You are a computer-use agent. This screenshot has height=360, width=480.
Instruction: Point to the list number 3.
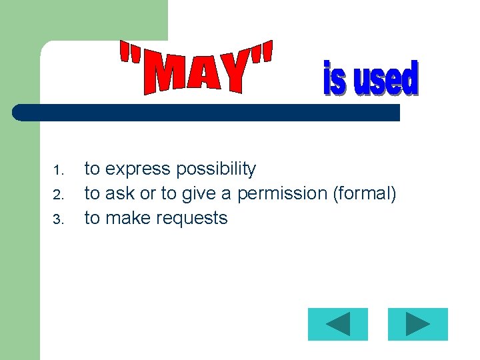pos(58,219)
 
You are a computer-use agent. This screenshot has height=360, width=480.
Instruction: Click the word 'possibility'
pos(216,169)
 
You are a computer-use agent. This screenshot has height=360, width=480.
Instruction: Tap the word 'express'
pos(138,169)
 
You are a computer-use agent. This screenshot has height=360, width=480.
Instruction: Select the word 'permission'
pos(282,194)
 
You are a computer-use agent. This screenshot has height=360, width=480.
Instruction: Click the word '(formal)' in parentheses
pos(364,194)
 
